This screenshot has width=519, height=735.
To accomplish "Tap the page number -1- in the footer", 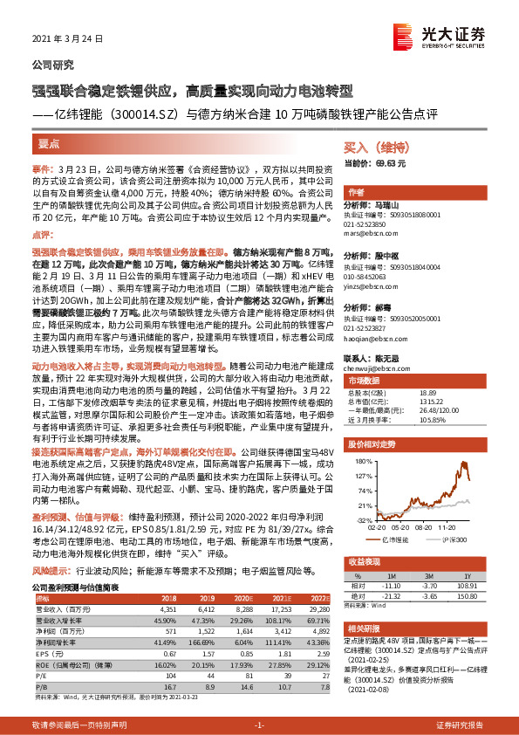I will [x=259, y=725].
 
